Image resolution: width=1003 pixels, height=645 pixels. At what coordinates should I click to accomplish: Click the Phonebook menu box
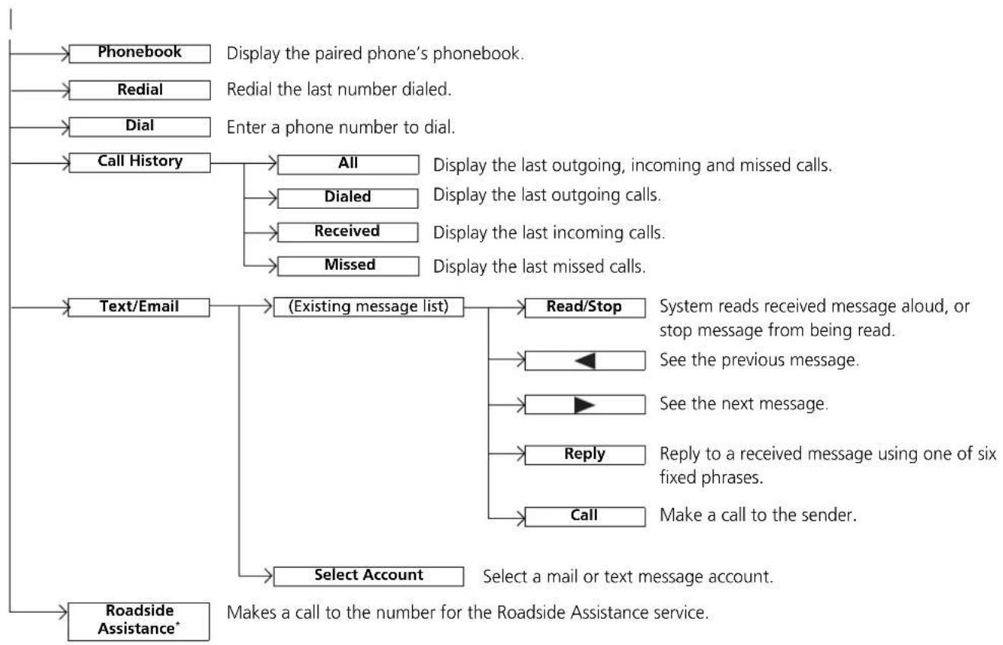pos(139,53)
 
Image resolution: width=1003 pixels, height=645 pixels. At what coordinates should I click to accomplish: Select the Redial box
pos(139,90)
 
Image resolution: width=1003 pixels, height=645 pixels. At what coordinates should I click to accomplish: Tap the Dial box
pos(139,127)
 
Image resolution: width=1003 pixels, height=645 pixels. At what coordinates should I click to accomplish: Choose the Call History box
pos(139,162)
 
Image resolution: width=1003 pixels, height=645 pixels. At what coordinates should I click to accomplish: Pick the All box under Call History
pos(348,165)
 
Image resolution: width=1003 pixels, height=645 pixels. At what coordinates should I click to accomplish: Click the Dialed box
pos(348,198)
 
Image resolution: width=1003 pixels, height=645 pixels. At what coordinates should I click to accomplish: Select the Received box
pos(348,233)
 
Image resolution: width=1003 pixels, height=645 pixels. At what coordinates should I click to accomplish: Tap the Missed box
pos(348,266)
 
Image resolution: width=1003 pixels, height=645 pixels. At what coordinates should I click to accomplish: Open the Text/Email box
pos(139,307)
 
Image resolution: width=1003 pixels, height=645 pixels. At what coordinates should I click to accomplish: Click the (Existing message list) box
pos(369,307)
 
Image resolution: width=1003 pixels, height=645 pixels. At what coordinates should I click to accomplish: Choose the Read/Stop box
pos(585,308)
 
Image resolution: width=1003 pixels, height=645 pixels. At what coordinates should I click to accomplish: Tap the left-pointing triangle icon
pos(585,361)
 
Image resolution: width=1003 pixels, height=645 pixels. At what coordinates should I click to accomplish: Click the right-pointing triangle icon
pos(584,405)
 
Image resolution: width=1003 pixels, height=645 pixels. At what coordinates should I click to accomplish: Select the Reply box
pos(585,455)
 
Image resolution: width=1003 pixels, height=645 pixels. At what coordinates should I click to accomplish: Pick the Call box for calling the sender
pos(585,517)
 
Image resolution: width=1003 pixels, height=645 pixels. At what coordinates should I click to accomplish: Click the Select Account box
pos(369,576)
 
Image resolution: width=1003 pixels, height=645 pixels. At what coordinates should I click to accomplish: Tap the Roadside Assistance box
pos(139,621)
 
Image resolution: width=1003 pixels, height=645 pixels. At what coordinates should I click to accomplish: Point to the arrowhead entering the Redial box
pos(65,91)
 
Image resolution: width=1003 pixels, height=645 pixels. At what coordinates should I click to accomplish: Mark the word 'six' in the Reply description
pos(987,454)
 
